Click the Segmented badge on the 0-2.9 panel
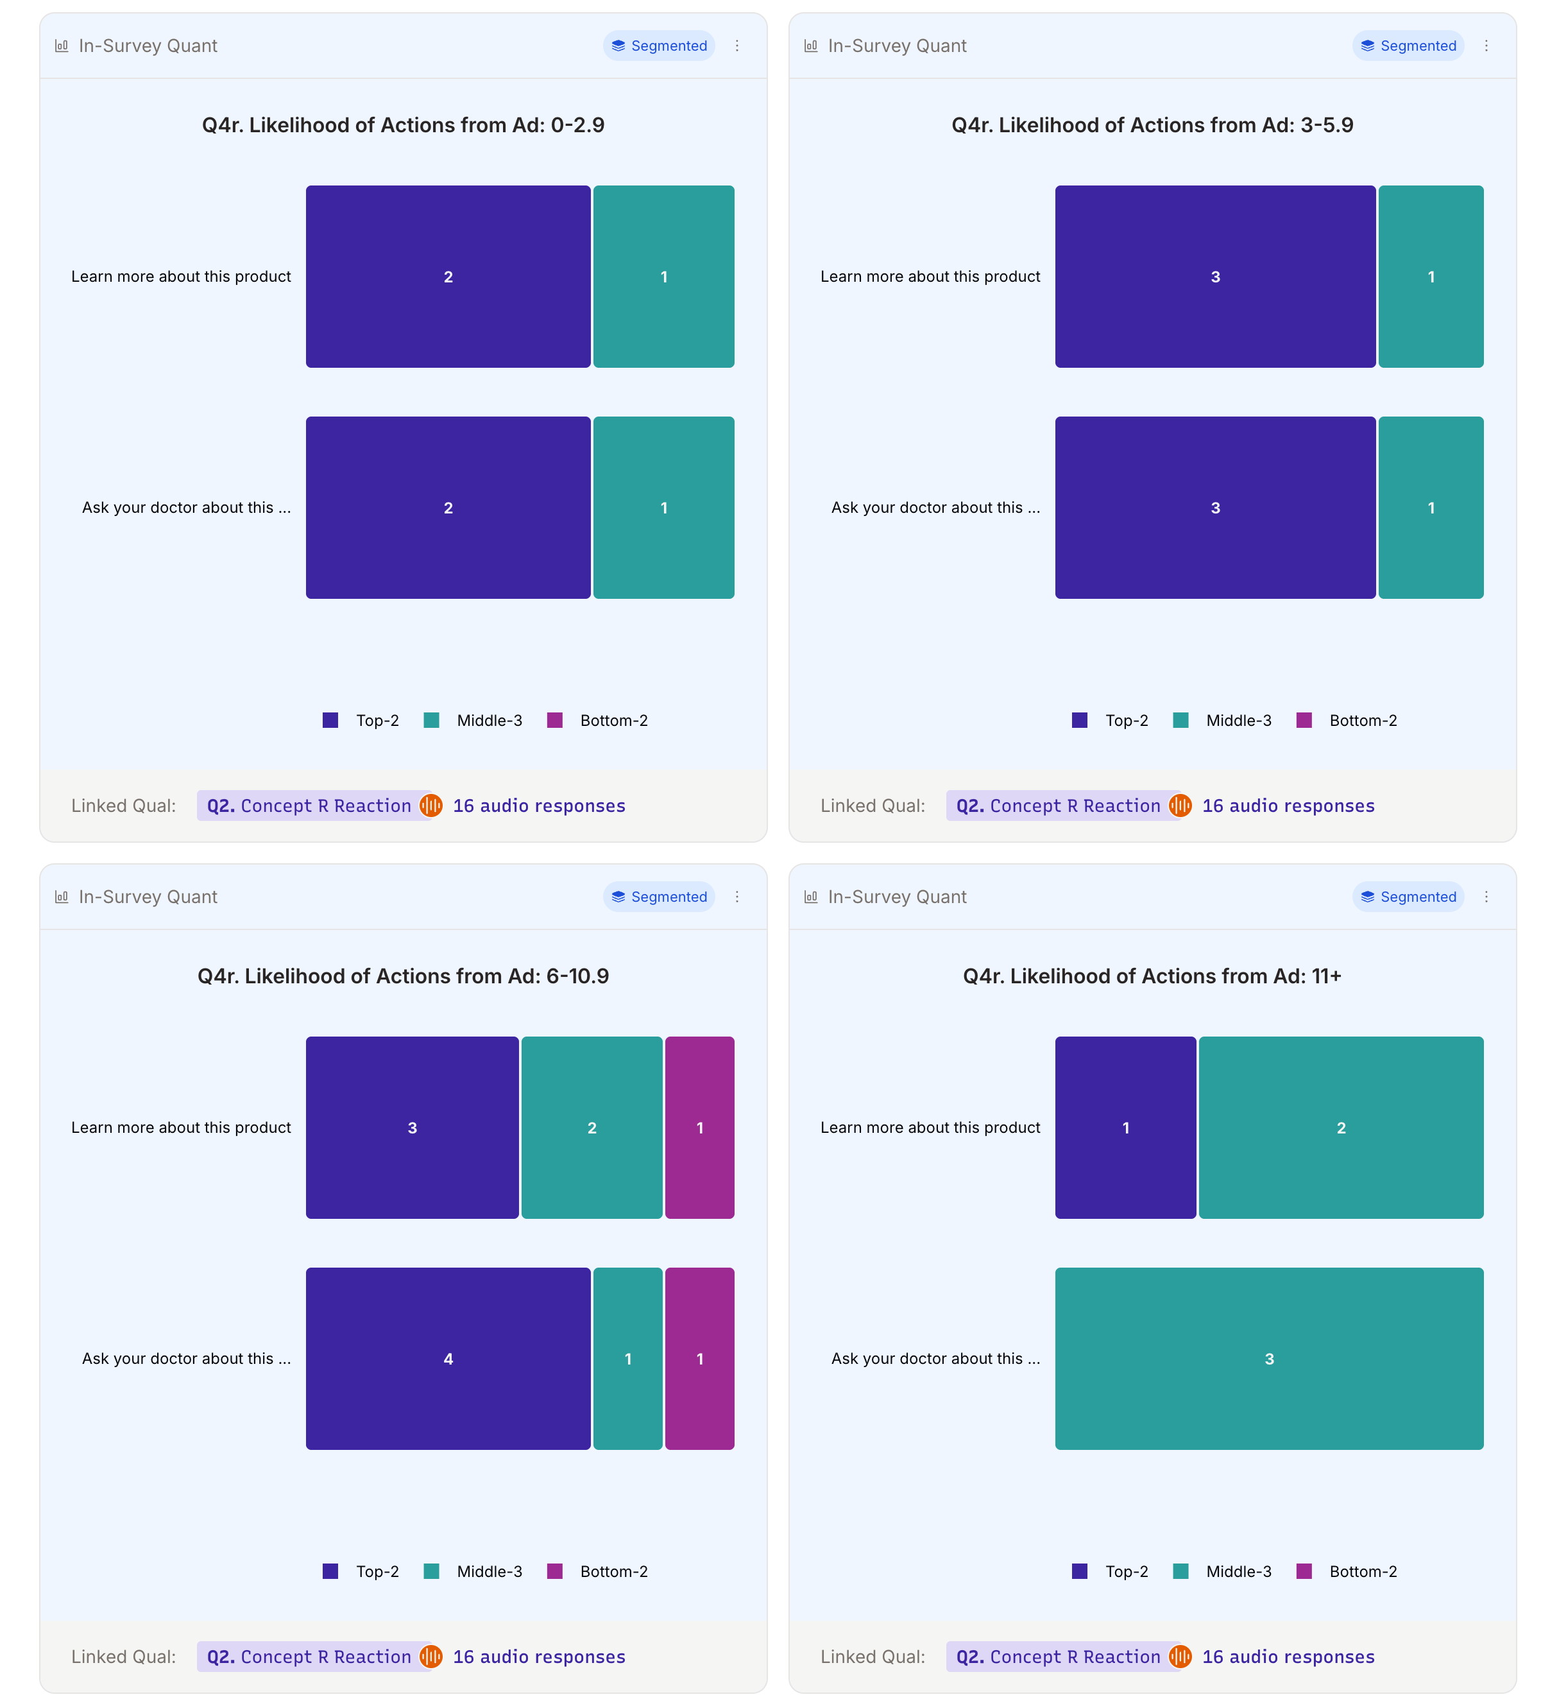[x=658, y=46]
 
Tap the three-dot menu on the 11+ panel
[x=1486, y=897]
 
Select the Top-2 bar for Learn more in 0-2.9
[x=448, y=277]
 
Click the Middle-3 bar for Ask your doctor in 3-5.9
[x=1430, y=508]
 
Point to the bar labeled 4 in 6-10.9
[x=448, y=1358]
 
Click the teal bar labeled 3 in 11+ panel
[x=1268, y=1358]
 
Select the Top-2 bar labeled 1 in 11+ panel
[x=1125, y=1127]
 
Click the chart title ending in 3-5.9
[x=1152, y=125]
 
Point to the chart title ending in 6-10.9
[x=403, y=976]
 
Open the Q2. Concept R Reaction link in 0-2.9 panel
[x=309, y=806]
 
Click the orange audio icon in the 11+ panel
[x=1179, y=1657]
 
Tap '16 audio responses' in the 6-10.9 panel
[x=539, y=1657]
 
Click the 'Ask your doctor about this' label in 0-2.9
[x=186, y=508]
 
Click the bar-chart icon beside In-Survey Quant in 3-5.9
[x=810, y=46]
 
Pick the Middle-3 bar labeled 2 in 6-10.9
[x=592, y=1127]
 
